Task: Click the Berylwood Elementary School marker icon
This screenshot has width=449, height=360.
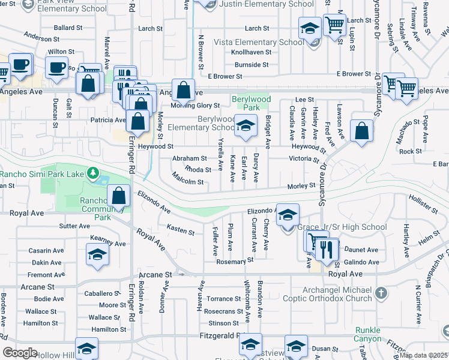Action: [x=245, y=126]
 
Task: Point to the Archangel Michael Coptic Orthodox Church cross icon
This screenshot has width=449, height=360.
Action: [x=381, y=293]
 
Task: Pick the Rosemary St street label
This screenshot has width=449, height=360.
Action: [x=232, y=261]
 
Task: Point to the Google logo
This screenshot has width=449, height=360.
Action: [x=20, y=352]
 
